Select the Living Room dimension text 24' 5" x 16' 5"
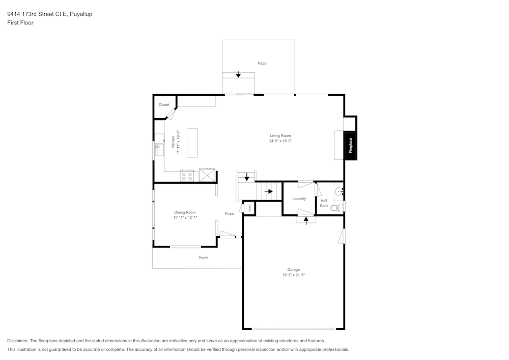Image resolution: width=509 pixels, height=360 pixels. tap(280, 141)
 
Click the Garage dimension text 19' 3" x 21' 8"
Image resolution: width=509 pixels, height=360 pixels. tap(293, 274)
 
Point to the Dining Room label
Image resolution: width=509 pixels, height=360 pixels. tap(185, 212)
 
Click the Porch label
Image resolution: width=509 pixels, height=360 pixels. tap(203, 258)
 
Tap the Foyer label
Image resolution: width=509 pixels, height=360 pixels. tap(230, 213)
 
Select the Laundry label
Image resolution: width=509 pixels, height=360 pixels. tap(299, 199)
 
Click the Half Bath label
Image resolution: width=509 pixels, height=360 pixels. tap(324, 203)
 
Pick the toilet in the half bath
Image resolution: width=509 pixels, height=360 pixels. tap(336, 208)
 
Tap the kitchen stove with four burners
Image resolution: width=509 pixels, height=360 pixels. tap(187, 176)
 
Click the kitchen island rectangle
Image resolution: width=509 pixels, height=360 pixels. tap(192, 143)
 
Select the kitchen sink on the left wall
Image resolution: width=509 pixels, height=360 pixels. tap(159, 149)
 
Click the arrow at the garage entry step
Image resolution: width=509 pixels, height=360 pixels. tap(306, 220)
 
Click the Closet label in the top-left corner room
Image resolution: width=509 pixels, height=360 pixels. tap(164, 105)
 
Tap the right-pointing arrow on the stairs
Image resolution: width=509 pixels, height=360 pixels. tap(269, 191)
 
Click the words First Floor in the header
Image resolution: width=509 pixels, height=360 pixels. tap(20, 23)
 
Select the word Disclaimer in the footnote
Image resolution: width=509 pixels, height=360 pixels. tap(18, 341)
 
